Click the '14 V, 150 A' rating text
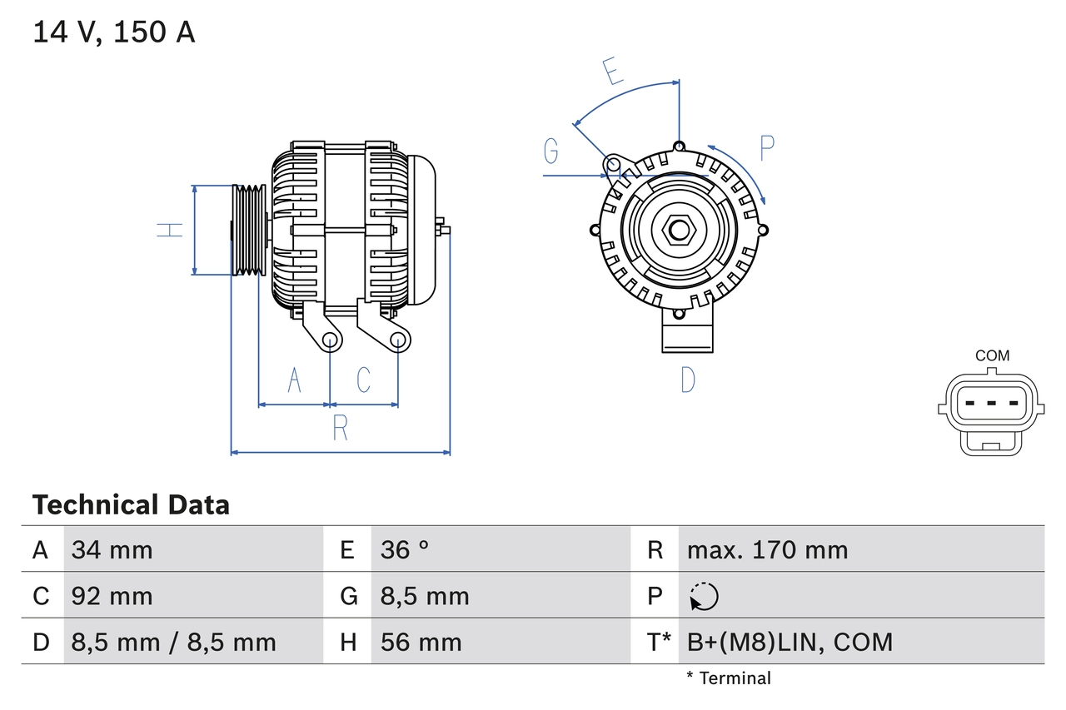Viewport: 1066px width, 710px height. [113, 32]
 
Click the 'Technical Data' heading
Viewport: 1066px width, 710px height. [131, 504]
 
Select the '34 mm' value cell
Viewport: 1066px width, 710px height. [112, 549]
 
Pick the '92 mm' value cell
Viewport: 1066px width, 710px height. [112, 596]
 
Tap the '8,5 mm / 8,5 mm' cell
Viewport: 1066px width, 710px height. [173, 642]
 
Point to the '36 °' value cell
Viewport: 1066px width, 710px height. [405, 549]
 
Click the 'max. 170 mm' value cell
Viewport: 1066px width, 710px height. [767, 549]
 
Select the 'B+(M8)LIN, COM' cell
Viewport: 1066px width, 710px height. [790, 642]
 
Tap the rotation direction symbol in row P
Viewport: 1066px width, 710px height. [704, 596]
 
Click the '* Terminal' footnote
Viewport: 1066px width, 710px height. [729, 678]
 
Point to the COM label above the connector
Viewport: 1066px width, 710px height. [992, 355]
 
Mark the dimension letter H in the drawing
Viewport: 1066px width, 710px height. [170, 230]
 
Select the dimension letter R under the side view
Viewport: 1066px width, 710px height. [340, 428]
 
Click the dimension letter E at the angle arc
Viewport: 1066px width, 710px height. [614, 72]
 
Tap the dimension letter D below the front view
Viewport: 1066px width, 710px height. [688, 380]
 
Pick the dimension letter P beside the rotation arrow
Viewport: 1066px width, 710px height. [767, 148]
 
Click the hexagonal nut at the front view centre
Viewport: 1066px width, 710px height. [679, 230]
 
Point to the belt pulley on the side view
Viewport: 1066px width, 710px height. [248, 230]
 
